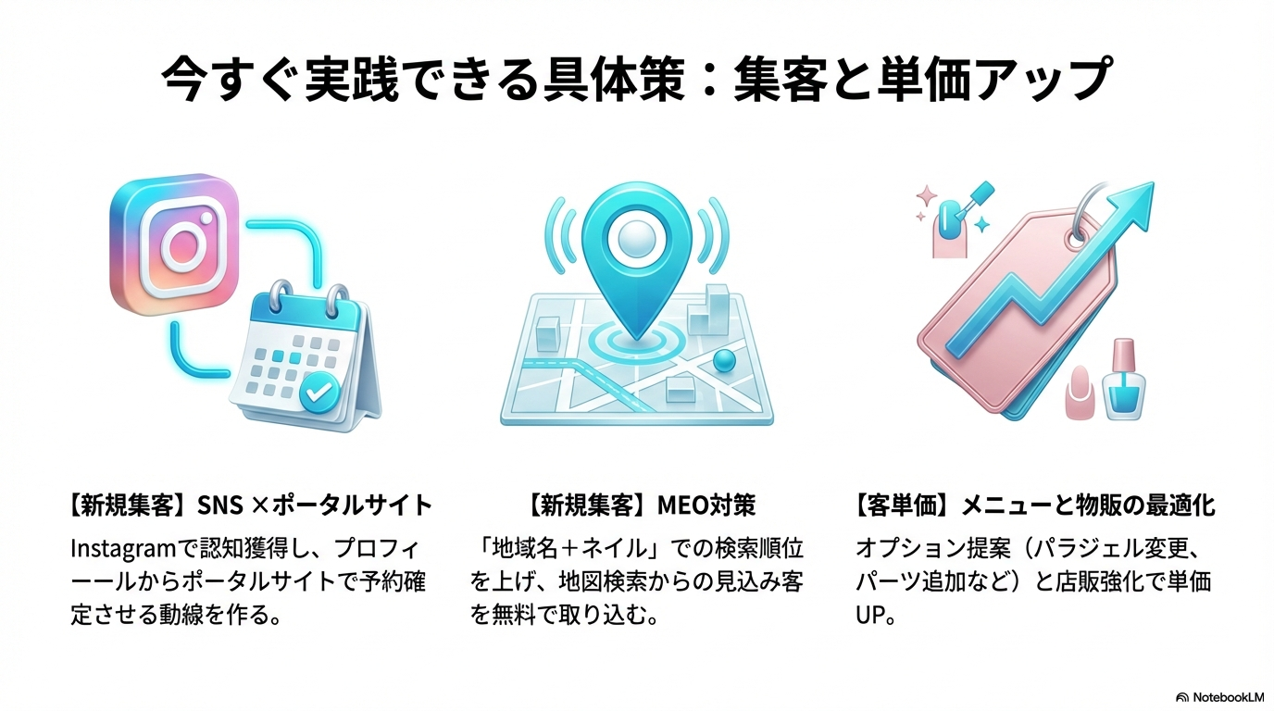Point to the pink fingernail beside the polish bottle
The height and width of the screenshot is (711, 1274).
point(1079,393)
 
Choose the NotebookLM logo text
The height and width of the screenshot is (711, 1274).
point(1228,696)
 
